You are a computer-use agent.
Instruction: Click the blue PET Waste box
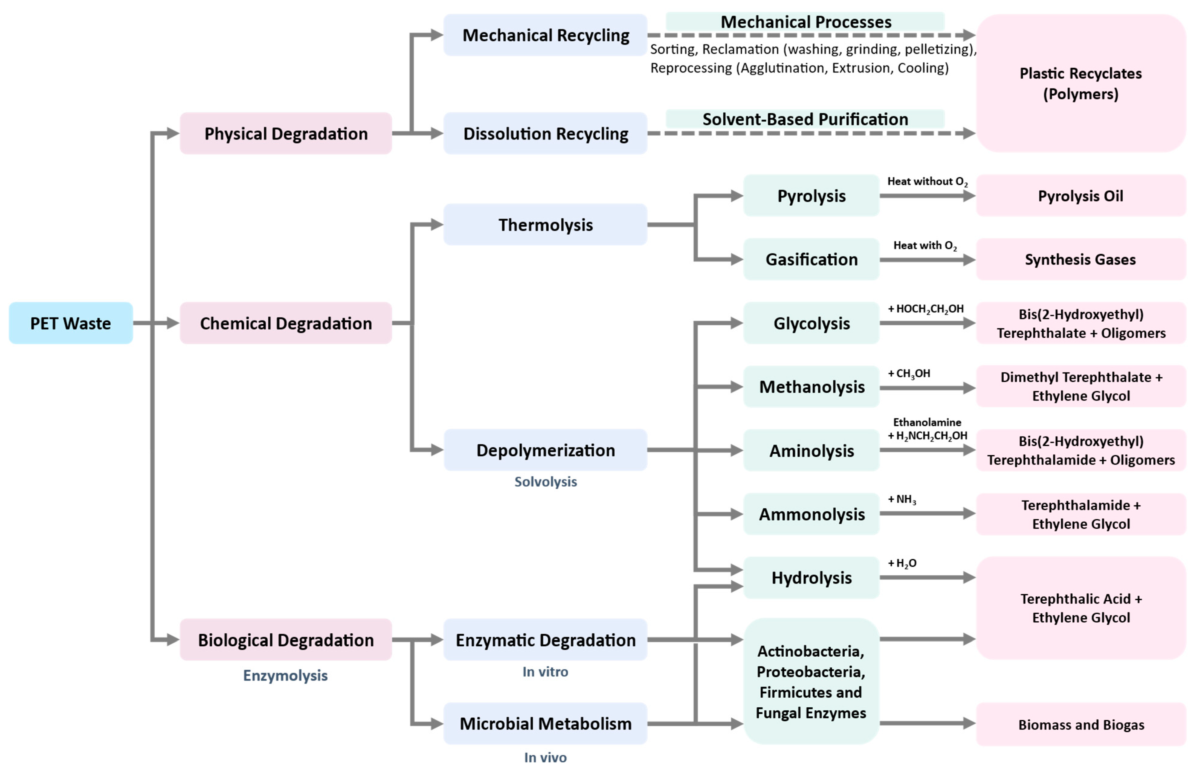click(x=71, y=323)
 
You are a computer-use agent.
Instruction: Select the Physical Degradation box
click(x=286, y=133)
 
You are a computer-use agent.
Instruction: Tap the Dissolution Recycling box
click(x=545, y=133)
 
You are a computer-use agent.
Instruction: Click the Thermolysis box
click(x=545, y=225)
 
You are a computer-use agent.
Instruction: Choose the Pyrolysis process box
click(x=811, y=195)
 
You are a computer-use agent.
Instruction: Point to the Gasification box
click(x=811, y=259)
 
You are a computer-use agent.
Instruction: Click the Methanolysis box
click(x=811, y=387)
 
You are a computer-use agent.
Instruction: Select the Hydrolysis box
click(x=811, y=577)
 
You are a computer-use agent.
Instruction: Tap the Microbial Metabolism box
click(x=545, y=723)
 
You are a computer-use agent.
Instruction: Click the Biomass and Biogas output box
click(x=1081, y=724)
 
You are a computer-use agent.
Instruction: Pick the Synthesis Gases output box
click(x=1081, y=259)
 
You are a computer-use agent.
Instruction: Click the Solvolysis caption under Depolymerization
click(x=545, y=482)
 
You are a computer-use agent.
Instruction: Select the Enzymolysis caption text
click(x=285, y=675)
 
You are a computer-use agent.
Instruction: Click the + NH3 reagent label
click(x=902, y=499)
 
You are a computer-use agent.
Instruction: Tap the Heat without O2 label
click(x=927, y=182)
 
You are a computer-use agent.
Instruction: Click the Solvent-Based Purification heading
click(x=805, y=119)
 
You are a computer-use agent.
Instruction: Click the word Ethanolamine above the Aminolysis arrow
click(x=927, y=422)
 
